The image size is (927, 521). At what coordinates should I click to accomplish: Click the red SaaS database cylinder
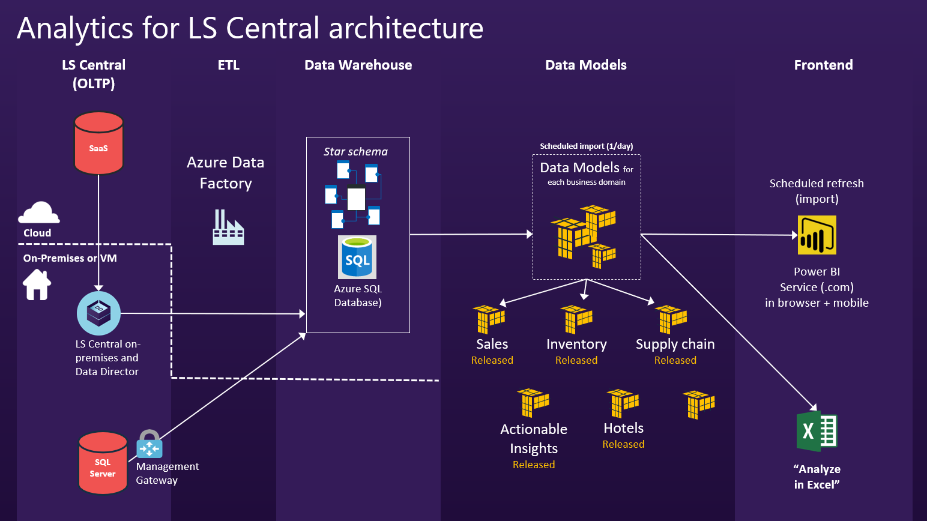click(x=98, y=143)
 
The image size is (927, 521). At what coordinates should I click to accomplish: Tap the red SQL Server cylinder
click(x=103, y=463)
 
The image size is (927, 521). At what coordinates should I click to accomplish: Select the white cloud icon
click(x=39, y=212)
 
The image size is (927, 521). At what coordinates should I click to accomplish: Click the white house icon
click(x=37, y=285)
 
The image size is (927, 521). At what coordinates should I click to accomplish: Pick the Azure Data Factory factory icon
click(x=228, y=227)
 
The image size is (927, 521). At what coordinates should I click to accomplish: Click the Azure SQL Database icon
click(x=357, y=257)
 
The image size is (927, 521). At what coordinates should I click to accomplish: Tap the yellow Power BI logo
click(x=817, y=235)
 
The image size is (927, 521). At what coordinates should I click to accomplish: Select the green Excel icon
click(x=817, y=431)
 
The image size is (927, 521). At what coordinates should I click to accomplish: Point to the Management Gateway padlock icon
click(x=149, y=444)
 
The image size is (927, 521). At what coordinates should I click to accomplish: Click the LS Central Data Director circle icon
click(x=98, y=313)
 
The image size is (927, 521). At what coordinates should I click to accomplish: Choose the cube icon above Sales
click(x=489, y=319)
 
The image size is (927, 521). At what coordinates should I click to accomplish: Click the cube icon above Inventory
click(x=576, y=319)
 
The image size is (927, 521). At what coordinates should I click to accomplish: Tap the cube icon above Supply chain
click(x=671, y=319)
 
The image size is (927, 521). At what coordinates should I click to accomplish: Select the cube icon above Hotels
click(x=623, y=403)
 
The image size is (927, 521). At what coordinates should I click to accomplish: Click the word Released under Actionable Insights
click(x=534, y=465)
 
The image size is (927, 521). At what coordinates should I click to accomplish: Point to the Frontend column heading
click(x=823, y=65)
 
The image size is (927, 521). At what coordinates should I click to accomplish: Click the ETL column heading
click(x=228, y=65)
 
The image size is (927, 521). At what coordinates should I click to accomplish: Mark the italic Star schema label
click(x=355, y=152)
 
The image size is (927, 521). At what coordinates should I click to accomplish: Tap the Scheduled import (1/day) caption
click(x=586, y=146)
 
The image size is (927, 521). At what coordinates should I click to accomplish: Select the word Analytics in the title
click(x=76, y=28)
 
